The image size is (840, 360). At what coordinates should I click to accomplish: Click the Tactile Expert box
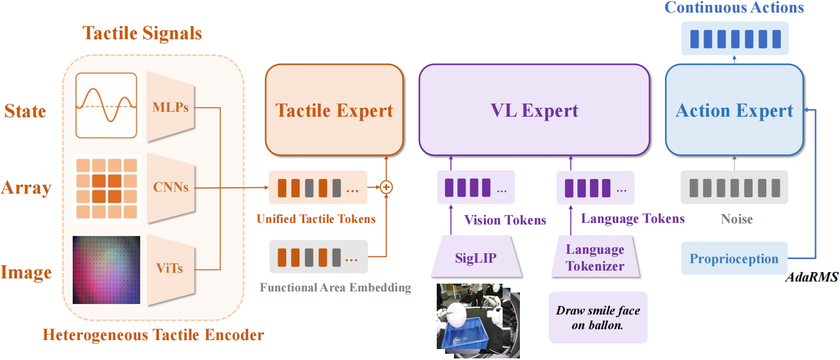pyautogui.click(x=334, y=110)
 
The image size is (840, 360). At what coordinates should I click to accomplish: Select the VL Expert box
pyautogui.click(x=535, y=110)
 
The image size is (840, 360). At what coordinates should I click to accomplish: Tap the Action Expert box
pyautogui.click(x=734, y=110)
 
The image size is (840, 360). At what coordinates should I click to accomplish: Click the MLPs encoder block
pyautogui.click(x=171, y=107)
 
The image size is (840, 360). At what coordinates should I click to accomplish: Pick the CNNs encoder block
pyautogui.click(x=171, y=187)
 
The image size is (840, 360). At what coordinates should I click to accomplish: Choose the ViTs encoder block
pyautogui.click(x=171, y=269)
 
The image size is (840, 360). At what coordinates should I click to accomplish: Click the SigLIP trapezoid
pyautogui.click(x=476, y=257)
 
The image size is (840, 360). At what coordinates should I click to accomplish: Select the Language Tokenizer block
pyautogui.click(x=595, y=257)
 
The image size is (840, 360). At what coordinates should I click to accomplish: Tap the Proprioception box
pyautogui.click(x=734, y=258)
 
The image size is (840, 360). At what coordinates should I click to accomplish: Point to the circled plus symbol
pyautogui.click(x=386, y=187)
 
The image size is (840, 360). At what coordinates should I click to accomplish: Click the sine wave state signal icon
pyautogui.click(x=107, y=106)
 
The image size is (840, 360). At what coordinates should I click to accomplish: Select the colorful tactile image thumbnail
pyautogui.click(x=107, y=269)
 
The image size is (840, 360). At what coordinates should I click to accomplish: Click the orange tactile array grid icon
pyautogui.click(x=107, y=188)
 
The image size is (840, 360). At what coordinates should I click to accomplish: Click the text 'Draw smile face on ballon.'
pyautogui.click(x=598, y=318)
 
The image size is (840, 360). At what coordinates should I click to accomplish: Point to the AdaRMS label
pyautogui.click(x=812, y=277)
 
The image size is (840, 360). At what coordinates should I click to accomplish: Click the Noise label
pyautogui.click(x=736, y=219)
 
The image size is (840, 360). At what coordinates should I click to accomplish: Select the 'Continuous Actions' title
pyautogui.click(x=734, y=7)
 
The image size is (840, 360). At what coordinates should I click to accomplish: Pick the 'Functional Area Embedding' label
pyautogui.click(x=335, y=288)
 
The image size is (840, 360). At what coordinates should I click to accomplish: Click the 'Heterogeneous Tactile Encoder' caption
pyautogui.click(x=153, y=335)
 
